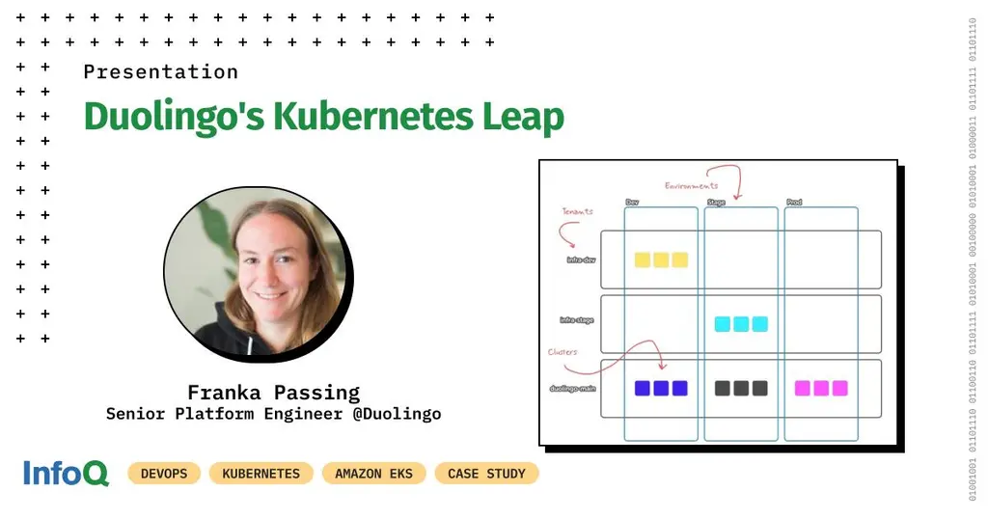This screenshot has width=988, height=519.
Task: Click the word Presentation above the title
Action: pyautogui.click(x=160, y=72)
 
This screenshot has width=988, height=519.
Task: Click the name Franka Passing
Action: pyautogui.click(x=273, y=393)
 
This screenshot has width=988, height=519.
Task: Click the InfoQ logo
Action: pyautogui.click(x=66, y=473)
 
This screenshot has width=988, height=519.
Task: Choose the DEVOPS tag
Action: pyautogui.click(x=164, y=474)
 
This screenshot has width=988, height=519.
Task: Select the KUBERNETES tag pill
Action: pyautogui.click(x=261, y=474)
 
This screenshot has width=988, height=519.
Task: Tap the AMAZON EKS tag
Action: pyautogui.click(x=373, y=474)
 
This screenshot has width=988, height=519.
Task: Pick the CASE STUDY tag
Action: pyautogui.click(x=486, y=474)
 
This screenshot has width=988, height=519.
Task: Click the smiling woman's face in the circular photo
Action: pyautogui.click(x=253, y=259)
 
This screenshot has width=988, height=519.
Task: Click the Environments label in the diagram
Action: pyautogui.click(x=691, y=184)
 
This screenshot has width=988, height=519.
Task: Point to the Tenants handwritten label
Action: pyautogui.click(x=578, y=211)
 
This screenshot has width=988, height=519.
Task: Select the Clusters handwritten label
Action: pyautogui.click(x=563, y=352)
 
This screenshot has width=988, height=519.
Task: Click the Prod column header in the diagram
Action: pyautogui.click(x=793, y=203)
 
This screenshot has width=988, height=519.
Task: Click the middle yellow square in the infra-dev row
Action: pyautogui.click(x=661, y=259)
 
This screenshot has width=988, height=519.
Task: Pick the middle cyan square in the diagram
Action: pyautogui.click(x=741, y=324)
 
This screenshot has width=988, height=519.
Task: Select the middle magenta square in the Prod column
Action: pyautogui.click(x=821, y=388)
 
